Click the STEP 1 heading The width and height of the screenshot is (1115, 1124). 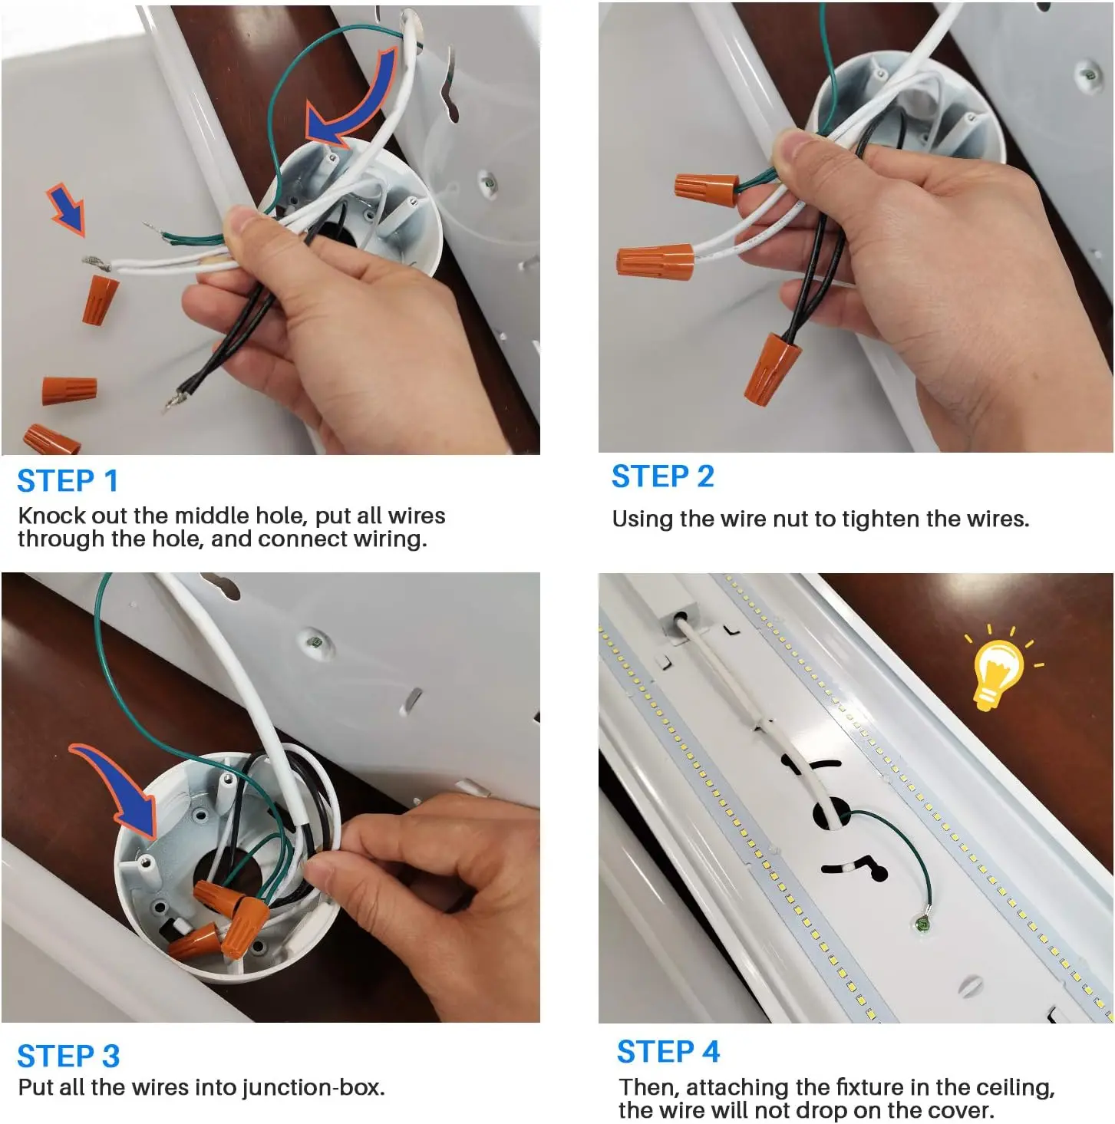click(68, 481)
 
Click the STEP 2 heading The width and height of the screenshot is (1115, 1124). click(663, 476)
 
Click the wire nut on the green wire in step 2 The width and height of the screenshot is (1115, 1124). click(707, 190)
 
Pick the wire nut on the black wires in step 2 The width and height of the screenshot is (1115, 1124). click(771, 368)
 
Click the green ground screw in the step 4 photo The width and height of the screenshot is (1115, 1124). click(922, 923)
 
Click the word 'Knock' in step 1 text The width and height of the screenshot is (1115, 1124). click(52, 516)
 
